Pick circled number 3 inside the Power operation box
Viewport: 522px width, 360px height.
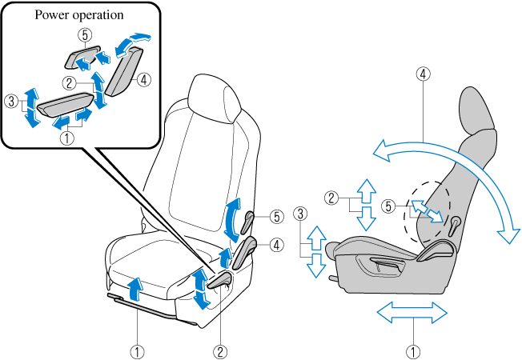(10, 102)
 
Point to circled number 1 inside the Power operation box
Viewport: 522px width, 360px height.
(67, 137)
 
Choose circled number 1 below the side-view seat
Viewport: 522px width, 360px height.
(412, 350)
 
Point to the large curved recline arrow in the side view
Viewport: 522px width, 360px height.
(448, 156)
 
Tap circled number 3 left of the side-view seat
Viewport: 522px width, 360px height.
(299, 214)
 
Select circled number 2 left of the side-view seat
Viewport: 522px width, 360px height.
(331, 197)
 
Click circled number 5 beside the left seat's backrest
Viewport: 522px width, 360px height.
(275, 216)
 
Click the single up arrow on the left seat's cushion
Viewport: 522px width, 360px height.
(135, 285)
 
